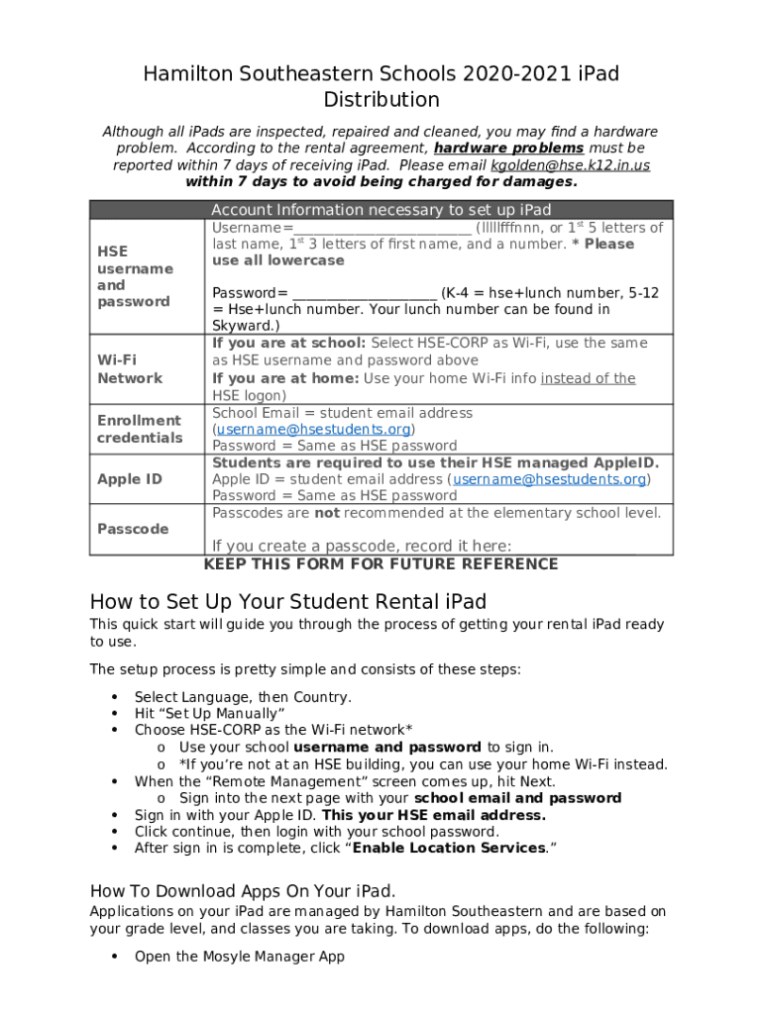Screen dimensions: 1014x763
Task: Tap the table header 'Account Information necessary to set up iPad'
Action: pos(381,210)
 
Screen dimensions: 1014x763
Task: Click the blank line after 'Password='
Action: pos(364,294)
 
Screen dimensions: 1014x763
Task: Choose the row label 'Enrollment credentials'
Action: pos(139,429)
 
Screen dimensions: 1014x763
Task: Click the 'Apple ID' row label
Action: pos(129,479)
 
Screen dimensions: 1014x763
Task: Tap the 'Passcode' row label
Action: pos(132,529)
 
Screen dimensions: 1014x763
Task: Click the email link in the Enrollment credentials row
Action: pos(314,430)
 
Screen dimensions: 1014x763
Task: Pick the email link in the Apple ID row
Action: pos(550,479)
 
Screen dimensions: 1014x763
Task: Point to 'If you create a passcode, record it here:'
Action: pos(362,547)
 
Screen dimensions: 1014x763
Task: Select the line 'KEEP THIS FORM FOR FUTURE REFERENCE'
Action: pos(381,564)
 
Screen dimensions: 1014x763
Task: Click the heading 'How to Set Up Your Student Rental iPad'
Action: pos(287,602)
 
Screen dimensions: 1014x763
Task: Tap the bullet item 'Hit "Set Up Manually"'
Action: pos(210,714)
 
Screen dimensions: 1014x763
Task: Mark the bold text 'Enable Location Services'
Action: pos(447,849)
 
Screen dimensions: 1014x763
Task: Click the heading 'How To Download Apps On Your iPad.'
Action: pos(242,890)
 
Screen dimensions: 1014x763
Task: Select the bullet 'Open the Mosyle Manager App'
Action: pos(239,957)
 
